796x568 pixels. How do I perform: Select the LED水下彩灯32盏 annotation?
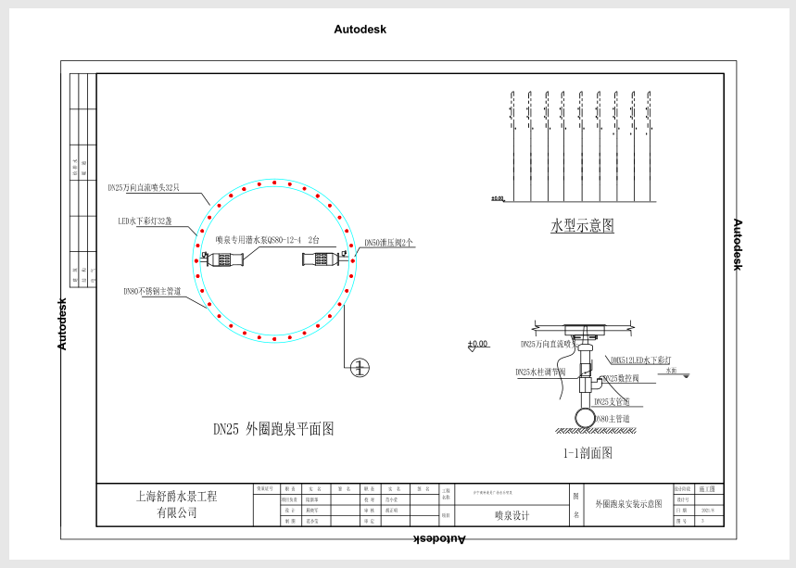tap(145, 221)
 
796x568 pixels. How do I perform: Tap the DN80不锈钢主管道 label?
tap(151, 291)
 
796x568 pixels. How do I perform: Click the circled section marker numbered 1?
tap(360, 367)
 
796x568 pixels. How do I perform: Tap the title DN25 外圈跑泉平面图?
tap(273, 429)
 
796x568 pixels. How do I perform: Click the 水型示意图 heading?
tap(582, 226)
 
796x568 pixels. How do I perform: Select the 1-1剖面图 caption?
tap(588, 453)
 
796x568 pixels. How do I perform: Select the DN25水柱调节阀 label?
tap(547, 372)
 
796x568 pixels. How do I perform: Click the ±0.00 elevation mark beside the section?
tap(478, 345)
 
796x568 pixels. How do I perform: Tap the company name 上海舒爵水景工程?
tap(176, 496)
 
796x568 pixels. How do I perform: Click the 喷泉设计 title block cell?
tap(512, 516)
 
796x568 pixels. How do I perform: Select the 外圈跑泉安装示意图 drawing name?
tap(628, 504)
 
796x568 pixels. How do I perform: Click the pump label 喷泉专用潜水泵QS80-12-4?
tap(259, 240)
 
